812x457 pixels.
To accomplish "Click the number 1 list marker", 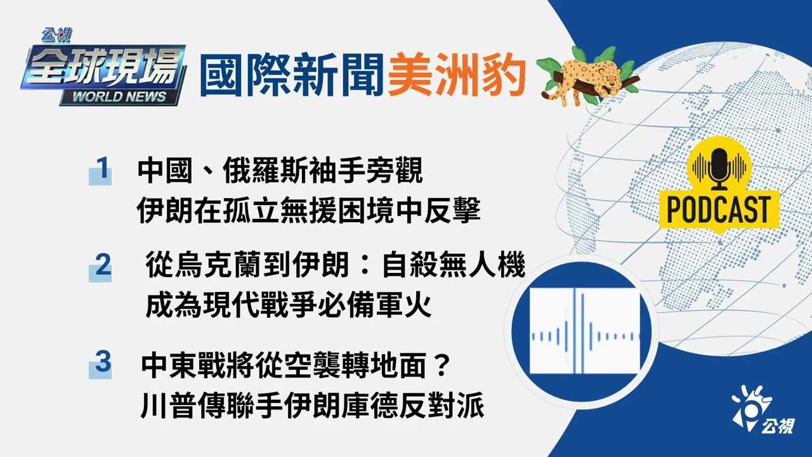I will (x=100, y=170).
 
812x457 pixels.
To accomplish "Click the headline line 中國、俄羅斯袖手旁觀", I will (x=280, y=171).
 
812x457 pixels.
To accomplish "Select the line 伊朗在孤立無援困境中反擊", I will (x=308, y=211).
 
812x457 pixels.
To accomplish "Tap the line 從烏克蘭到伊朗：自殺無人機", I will (x=335, y=267).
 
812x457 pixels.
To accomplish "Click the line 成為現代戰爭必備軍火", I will (x=289, y=307).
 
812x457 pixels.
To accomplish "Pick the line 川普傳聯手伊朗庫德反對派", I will (x=312, y=406).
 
